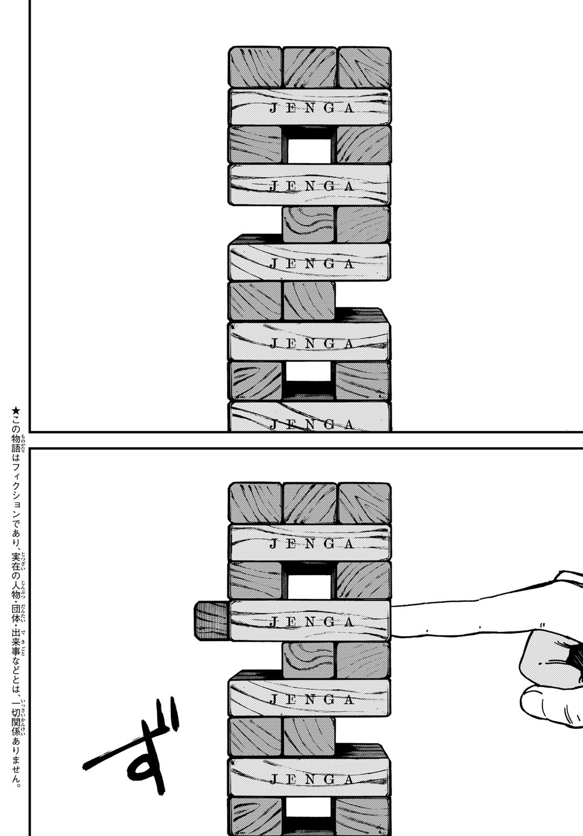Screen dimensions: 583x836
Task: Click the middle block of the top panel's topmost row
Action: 310,67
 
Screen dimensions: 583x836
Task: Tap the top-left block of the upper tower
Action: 255,67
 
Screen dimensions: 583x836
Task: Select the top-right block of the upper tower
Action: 364,67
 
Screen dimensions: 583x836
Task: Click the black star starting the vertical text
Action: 16,411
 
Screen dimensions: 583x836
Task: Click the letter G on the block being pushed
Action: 329,622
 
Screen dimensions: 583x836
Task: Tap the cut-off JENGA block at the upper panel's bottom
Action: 310,416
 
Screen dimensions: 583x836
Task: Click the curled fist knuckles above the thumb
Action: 552,655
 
